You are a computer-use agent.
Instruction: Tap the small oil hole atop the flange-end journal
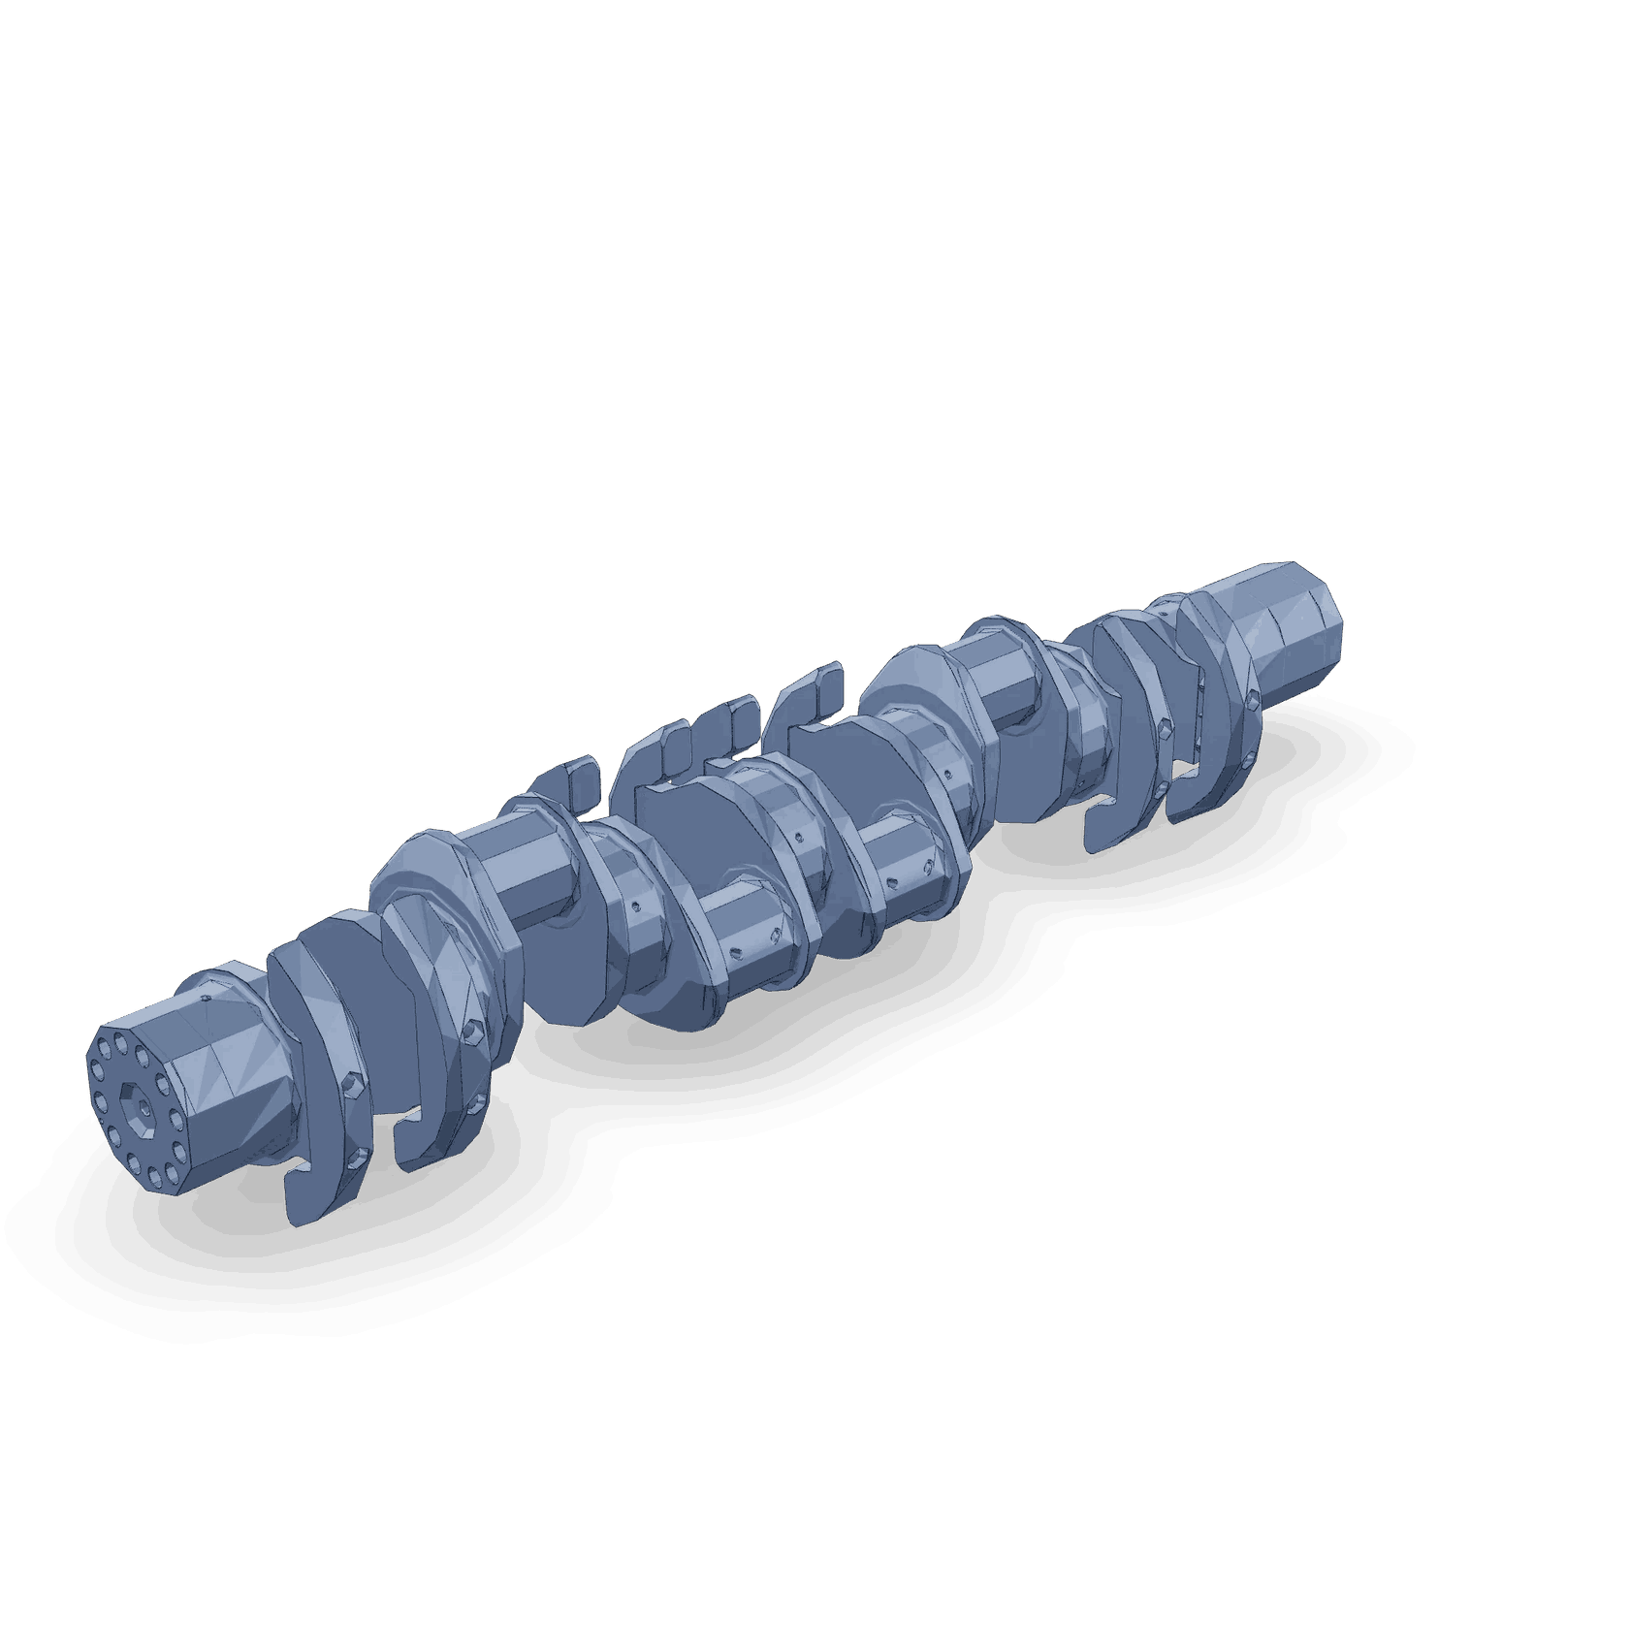click(206, 997)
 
